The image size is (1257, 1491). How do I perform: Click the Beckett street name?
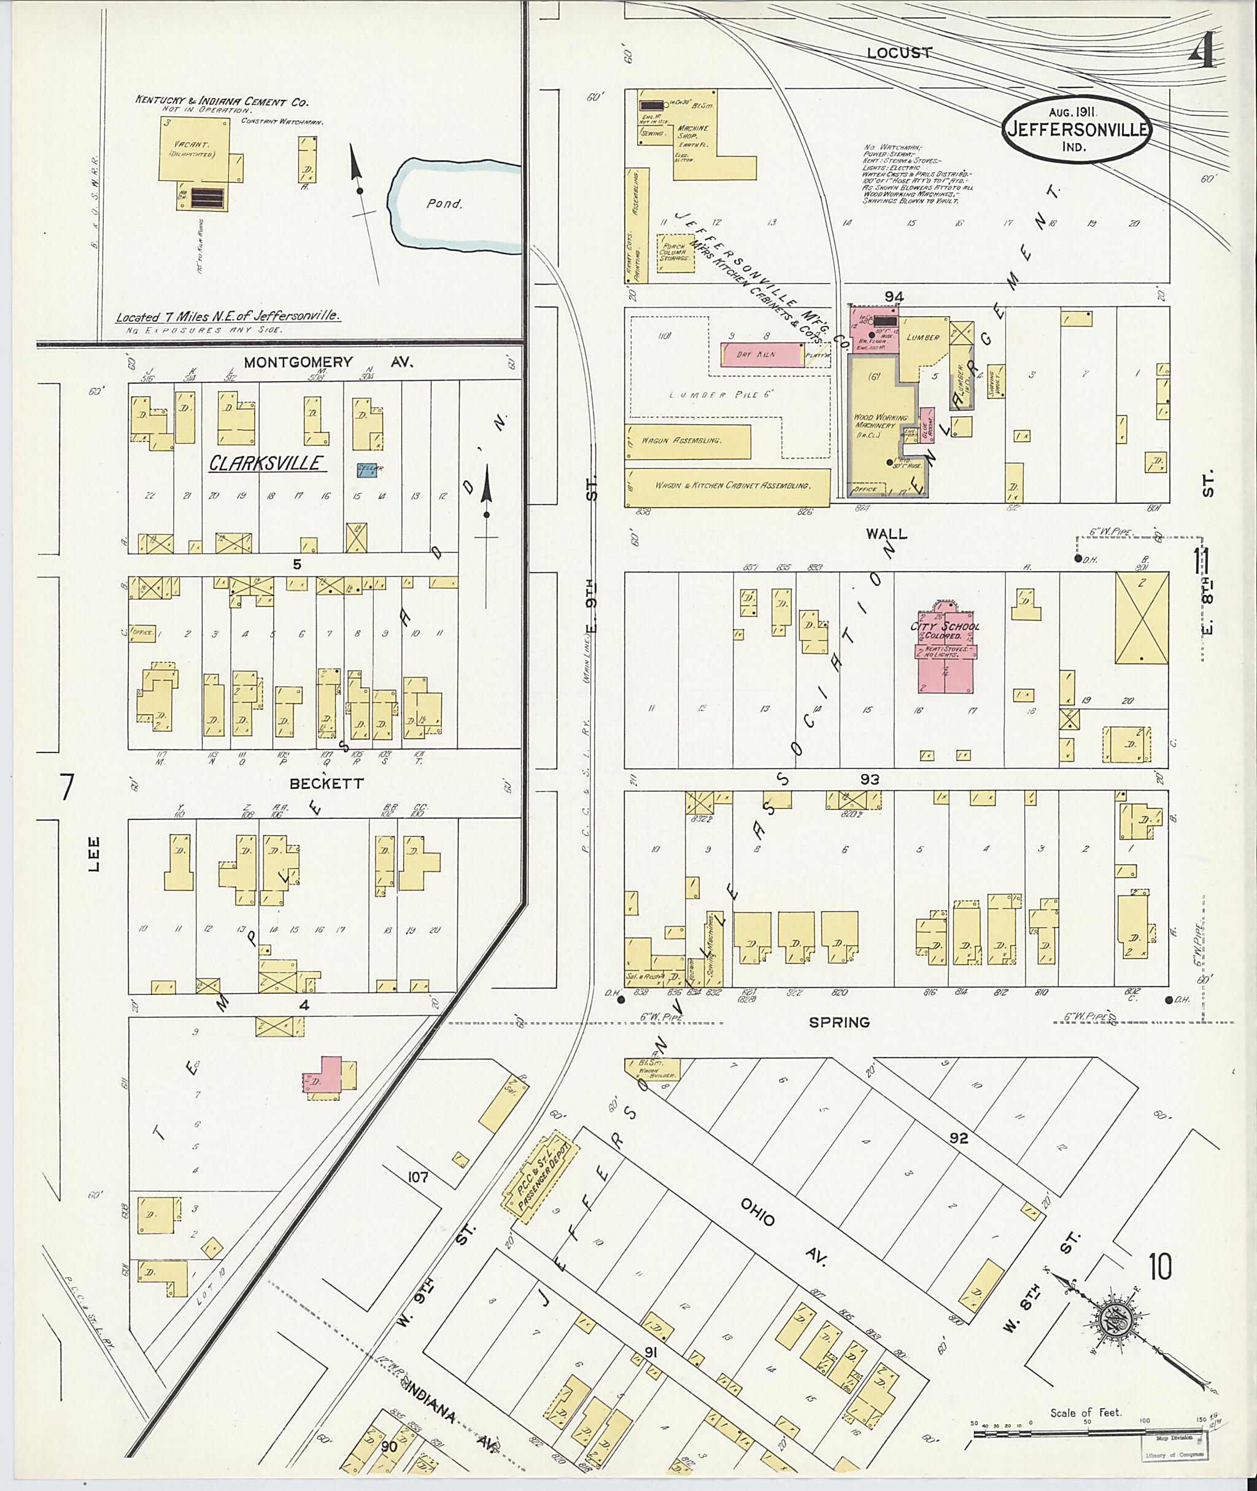click(327, 783)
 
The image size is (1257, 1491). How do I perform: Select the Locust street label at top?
click(899, 53)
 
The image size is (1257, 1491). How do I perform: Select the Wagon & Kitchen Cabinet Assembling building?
click(727, 486)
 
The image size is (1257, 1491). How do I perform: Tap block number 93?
click(869, 779)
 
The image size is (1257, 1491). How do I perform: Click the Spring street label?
click(840, 1022)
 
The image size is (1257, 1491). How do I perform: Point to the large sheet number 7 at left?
click(66, 787)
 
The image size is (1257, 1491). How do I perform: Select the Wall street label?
click(886, 533)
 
